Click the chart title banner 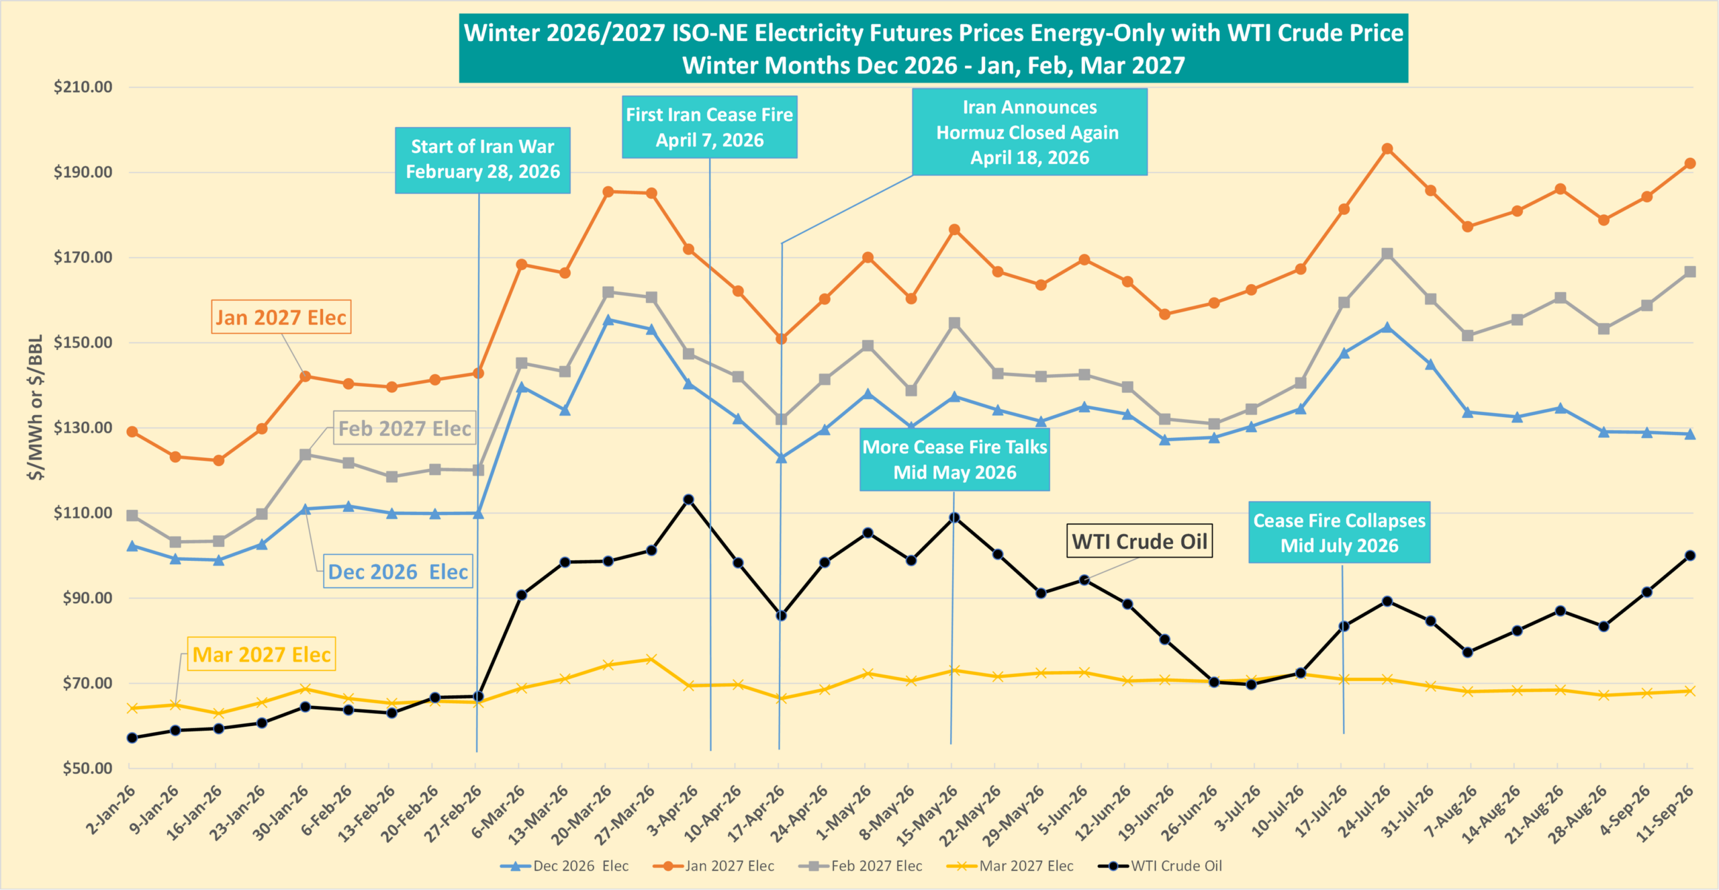tap(933, 48)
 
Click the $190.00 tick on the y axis tap(83, 172)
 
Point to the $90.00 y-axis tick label tap(87, 598)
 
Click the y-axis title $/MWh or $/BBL tap(36, 407)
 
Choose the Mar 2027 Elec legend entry tap(1010, 866)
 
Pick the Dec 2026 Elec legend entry tap(565, 866)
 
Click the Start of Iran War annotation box tap(483, 160)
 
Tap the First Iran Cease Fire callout tap(710, 127)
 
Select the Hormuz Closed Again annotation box tap(1029, 132)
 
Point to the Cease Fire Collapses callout tap(1340, 533)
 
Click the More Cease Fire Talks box tap(955, 460)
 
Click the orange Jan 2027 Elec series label tap(281, 317)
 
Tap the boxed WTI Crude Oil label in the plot tap(1140, 541)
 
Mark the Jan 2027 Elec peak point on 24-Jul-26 tap(1387, 149)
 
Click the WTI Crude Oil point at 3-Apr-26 tap(688, 500)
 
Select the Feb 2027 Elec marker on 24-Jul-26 tap(1387, 254)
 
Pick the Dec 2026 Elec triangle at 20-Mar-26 tap(608, 320)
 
